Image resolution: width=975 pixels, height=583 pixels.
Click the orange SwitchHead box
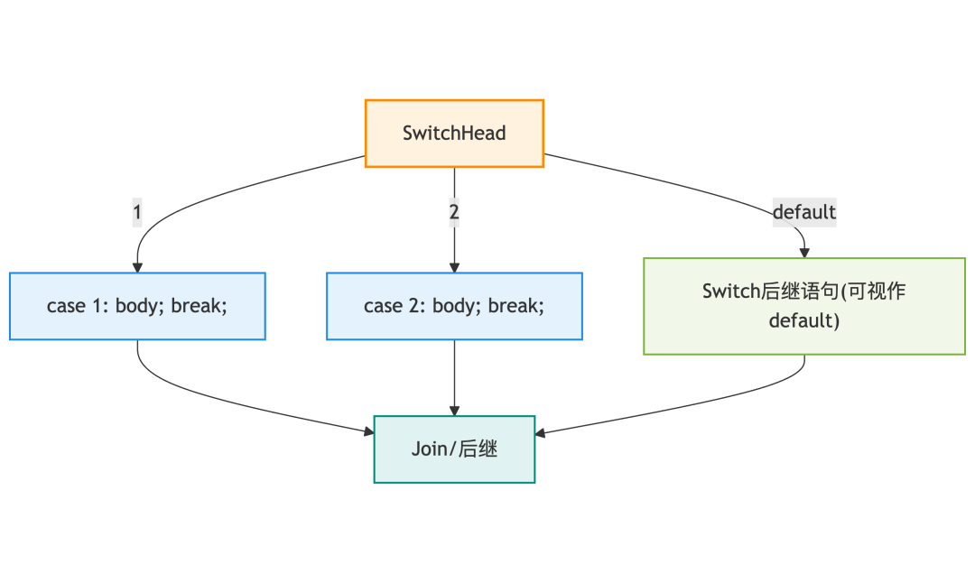point(454,134)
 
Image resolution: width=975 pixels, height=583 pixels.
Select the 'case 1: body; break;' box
point(137,306)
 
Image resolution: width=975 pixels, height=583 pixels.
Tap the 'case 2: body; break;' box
point(454,306)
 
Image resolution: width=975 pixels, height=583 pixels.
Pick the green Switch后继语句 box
point(804,306)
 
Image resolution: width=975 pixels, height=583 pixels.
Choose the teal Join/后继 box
point(454,449)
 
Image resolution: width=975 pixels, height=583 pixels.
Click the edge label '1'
point(137,212)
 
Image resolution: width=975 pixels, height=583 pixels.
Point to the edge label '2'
point(454,212)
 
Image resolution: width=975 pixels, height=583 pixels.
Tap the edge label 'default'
point(804,212)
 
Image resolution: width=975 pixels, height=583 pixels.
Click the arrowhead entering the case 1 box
point(137,268)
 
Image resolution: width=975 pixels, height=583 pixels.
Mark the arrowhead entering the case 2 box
point(454,268)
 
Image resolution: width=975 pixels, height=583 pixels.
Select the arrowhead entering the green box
point(804,254)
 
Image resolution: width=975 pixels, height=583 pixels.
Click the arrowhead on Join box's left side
point(368,430)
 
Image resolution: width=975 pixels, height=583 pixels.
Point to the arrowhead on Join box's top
point(454,411)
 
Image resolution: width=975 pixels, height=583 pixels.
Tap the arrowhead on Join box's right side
point(540,432)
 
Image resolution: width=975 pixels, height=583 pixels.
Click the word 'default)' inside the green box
point(804,320)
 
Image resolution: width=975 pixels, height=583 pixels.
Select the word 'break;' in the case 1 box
point(199,306)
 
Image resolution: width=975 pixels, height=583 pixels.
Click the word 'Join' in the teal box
point(425,449)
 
